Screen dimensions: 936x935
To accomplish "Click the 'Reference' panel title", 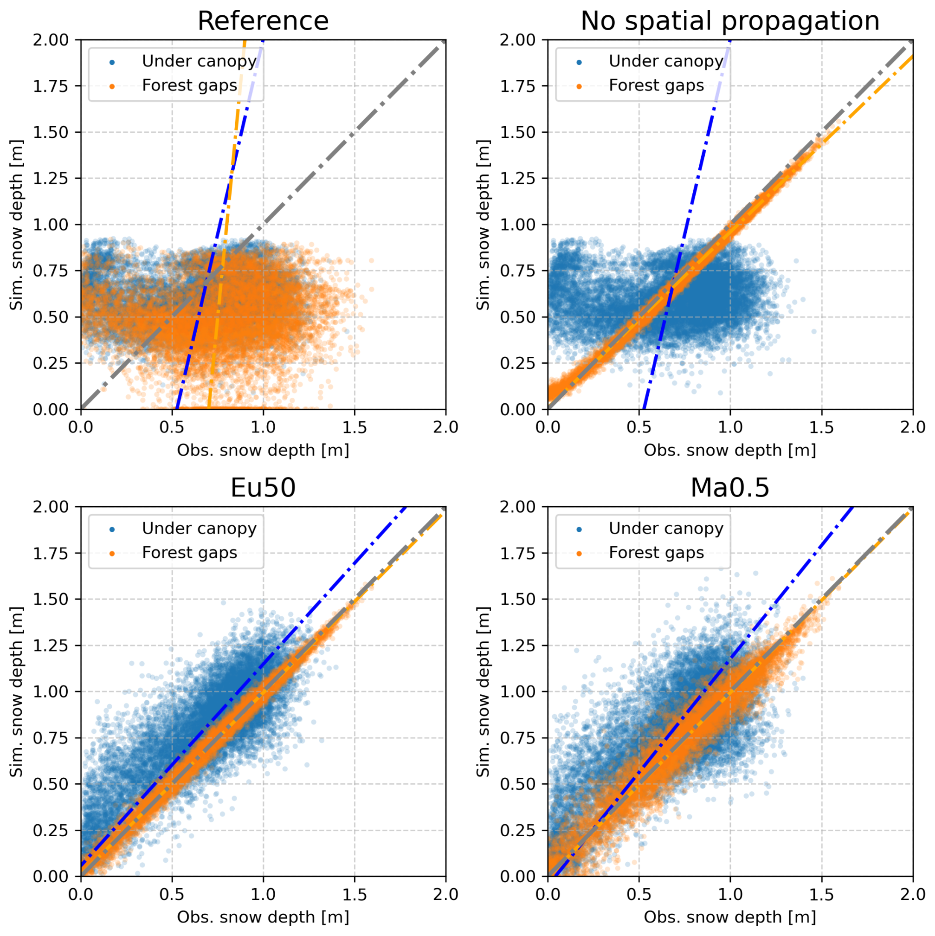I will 263,21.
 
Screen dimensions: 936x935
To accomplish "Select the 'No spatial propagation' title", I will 729,21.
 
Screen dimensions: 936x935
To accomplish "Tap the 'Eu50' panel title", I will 263,488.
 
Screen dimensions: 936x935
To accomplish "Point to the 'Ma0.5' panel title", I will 729,488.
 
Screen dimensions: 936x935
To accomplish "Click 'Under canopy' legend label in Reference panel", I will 199,61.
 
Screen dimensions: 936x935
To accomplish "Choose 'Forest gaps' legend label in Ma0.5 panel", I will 656,553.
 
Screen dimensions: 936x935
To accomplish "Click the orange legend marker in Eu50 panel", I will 112,553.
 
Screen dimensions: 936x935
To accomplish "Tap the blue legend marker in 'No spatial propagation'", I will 579,62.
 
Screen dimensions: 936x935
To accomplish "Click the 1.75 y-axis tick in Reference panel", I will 50,86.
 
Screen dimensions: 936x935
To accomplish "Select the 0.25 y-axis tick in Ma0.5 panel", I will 517,831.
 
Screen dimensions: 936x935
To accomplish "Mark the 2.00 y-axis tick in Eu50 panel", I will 50,507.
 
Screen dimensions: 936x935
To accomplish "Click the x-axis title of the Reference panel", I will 263,450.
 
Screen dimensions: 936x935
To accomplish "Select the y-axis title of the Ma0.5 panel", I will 483,692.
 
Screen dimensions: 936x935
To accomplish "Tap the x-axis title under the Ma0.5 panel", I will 729,917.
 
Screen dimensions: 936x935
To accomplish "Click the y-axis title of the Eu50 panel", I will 16,692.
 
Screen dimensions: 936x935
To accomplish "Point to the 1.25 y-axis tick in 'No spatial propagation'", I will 517,178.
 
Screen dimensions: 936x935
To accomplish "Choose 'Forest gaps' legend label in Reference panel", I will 189,85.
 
